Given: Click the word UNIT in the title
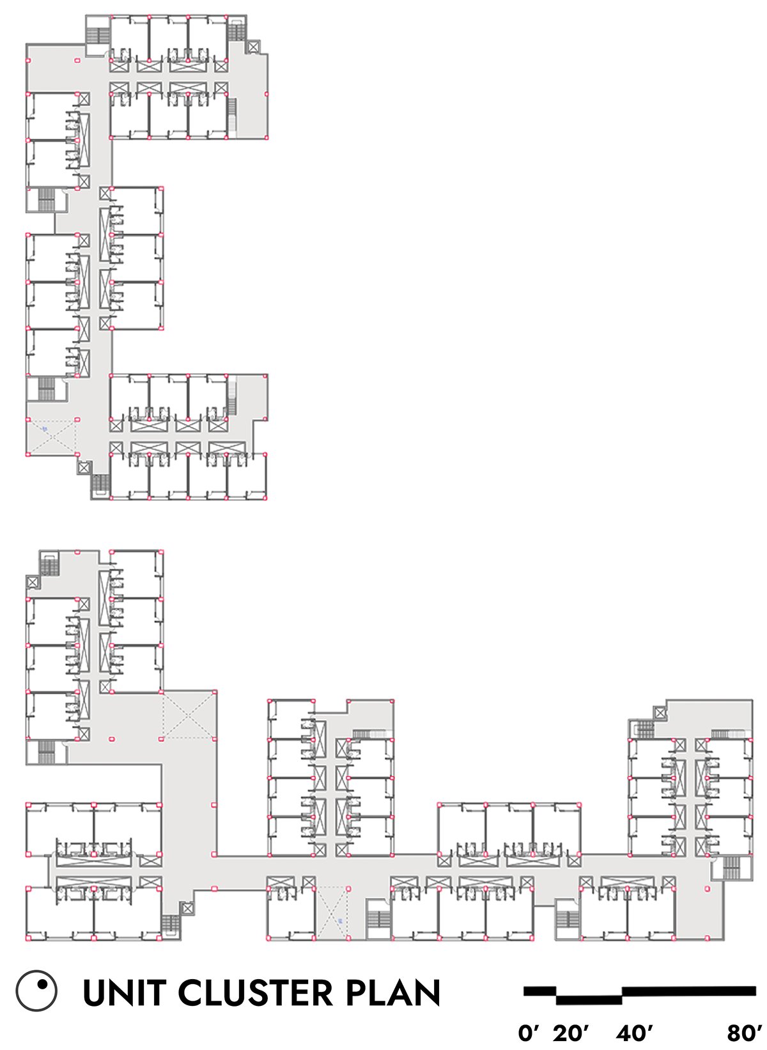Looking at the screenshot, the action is tap(125, 992).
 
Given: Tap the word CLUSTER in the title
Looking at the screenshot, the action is tap(256, 992).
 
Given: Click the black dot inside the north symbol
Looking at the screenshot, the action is tap(42, 984).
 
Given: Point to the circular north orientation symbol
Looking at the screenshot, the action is tap(36, 991).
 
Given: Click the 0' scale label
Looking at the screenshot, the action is tap(529, 1033).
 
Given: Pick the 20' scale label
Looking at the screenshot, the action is tap(571, 1033).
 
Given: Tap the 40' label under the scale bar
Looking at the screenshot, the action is tap(634, 1033).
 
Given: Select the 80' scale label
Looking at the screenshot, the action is tap(745, 1033).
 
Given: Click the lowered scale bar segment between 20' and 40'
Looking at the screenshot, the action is tap(589, 1000).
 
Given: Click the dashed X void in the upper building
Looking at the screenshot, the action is tap(52, 437).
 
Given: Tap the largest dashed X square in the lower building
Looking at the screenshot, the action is tap(188, 715).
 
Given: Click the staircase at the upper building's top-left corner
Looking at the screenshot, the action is tap(98, 35).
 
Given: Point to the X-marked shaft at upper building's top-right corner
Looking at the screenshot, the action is tap(253, 47).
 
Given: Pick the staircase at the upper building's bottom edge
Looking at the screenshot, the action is tap(100, 483).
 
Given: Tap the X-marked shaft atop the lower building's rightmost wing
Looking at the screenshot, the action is tap(660, 713).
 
